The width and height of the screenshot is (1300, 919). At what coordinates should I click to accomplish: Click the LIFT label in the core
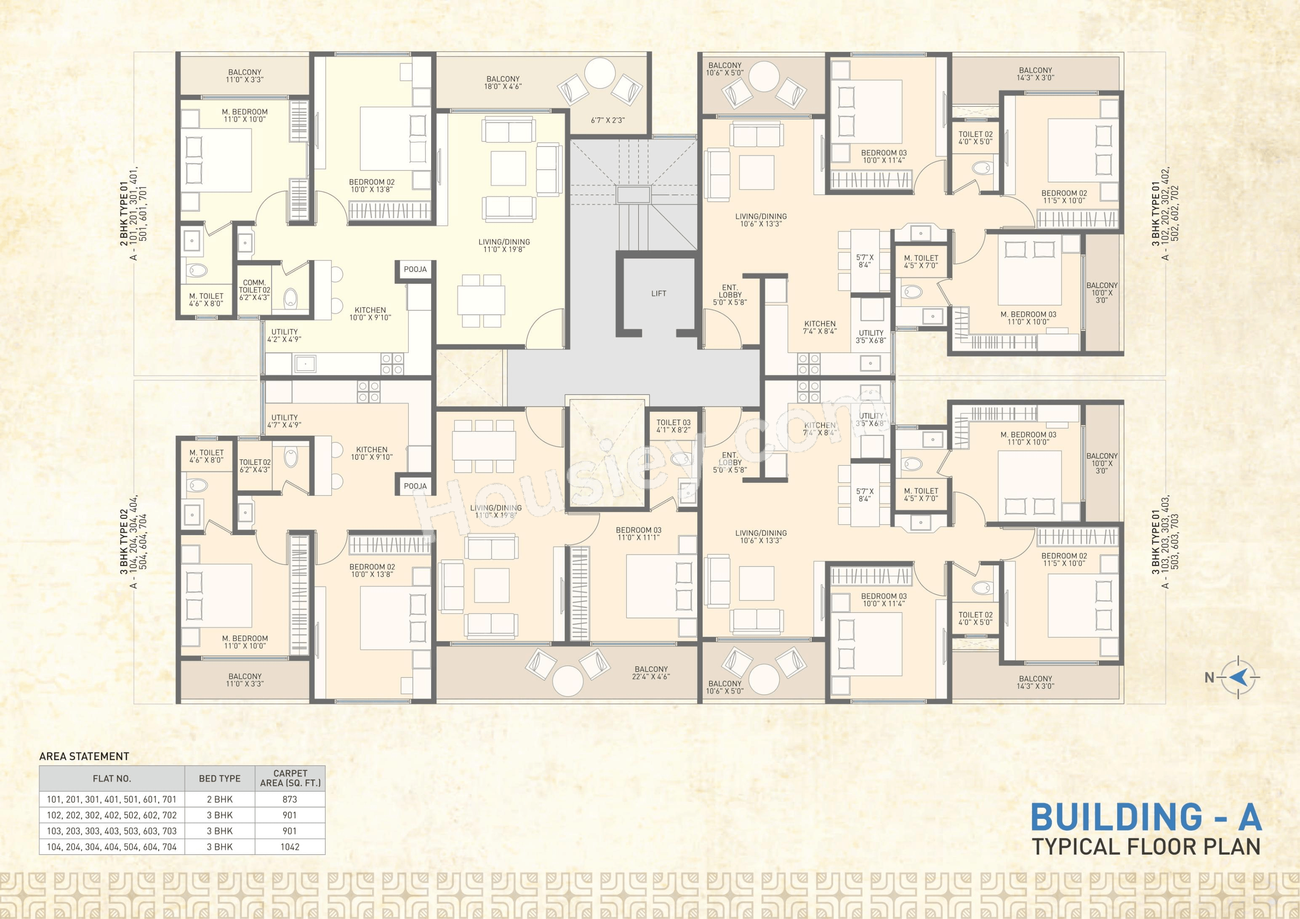(658, 293)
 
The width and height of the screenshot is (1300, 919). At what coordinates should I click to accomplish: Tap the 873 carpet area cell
(290, 799)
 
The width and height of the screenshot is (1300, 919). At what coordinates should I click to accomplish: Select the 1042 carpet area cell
(290, 847)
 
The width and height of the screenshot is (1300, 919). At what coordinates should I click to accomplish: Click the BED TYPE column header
(220, 778)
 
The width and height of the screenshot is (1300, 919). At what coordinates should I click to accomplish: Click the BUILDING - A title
(1146, 817)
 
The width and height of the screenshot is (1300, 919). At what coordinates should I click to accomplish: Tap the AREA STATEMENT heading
(84, 757)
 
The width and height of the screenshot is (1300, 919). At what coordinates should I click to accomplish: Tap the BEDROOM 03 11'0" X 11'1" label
(639, 533)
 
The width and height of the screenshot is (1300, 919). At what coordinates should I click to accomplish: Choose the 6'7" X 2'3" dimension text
(607, 120)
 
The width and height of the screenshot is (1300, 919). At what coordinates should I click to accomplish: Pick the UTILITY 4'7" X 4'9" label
(284, 421)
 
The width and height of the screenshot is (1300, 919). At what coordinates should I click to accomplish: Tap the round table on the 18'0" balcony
(599, 73)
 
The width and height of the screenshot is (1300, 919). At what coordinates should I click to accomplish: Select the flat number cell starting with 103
(112, 831)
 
